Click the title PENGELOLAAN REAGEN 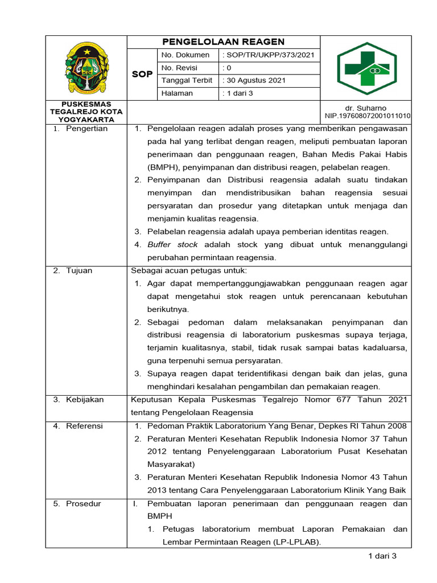[223, 42]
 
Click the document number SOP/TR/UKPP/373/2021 [270, 55]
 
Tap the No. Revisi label [179, 68]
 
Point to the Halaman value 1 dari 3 [241, 93]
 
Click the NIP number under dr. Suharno [368, 116]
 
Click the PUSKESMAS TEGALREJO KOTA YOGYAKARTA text [85, 112]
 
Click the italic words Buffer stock [172, 244]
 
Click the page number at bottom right [382, 556]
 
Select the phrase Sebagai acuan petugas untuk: [189, 270]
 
